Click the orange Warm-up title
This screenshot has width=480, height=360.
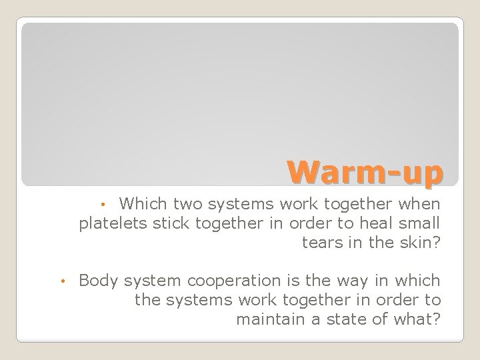(365, 173)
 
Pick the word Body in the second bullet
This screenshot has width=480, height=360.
(97, 280)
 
